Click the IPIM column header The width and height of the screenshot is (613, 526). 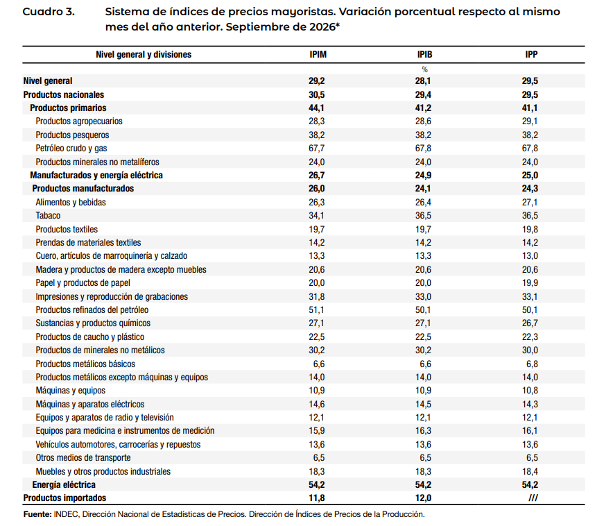tap(318, 54)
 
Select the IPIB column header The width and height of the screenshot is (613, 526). tap(424, 54)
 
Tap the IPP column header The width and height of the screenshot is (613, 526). tap(531, 54)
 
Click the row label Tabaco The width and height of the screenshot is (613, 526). tap(48, 216)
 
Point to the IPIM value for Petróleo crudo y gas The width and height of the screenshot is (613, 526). tap(317, 149)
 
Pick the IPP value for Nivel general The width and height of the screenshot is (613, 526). tap(530, 81)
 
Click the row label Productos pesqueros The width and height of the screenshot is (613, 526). tap(72, 135)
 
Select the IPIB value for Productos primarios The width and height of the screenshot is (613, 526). tap(423, 108)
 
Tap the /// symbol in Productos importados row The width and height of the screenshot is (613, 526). tap(533, 498)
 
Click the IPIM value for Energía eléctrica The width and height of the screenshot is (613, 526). tap(317, 484)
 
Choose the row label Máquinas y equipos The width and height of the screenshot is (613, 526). tap(70, 390)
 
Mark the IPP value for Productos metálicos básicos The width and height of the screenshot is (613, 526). tap(532, 364)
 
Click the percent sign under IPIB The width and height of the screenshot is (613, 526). tap(424, 69)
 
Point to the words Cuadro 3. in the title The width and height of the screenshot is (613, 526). tap(49, 12)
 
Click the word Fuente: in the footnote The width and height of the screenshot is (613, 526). tap(37, 514)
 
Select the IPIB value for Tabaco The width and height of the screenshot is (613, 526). tap(423, 216)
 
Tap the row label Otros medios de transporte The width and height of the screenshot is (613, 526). tap(83, 457)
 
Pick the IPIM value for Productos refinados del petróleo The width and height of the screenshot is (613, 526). tap(317, 309)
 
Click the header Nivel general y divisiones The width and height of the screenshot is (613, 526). tap(144, 54)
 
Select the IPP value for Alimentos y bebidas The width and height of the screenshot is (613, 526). tap(530, 202)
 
